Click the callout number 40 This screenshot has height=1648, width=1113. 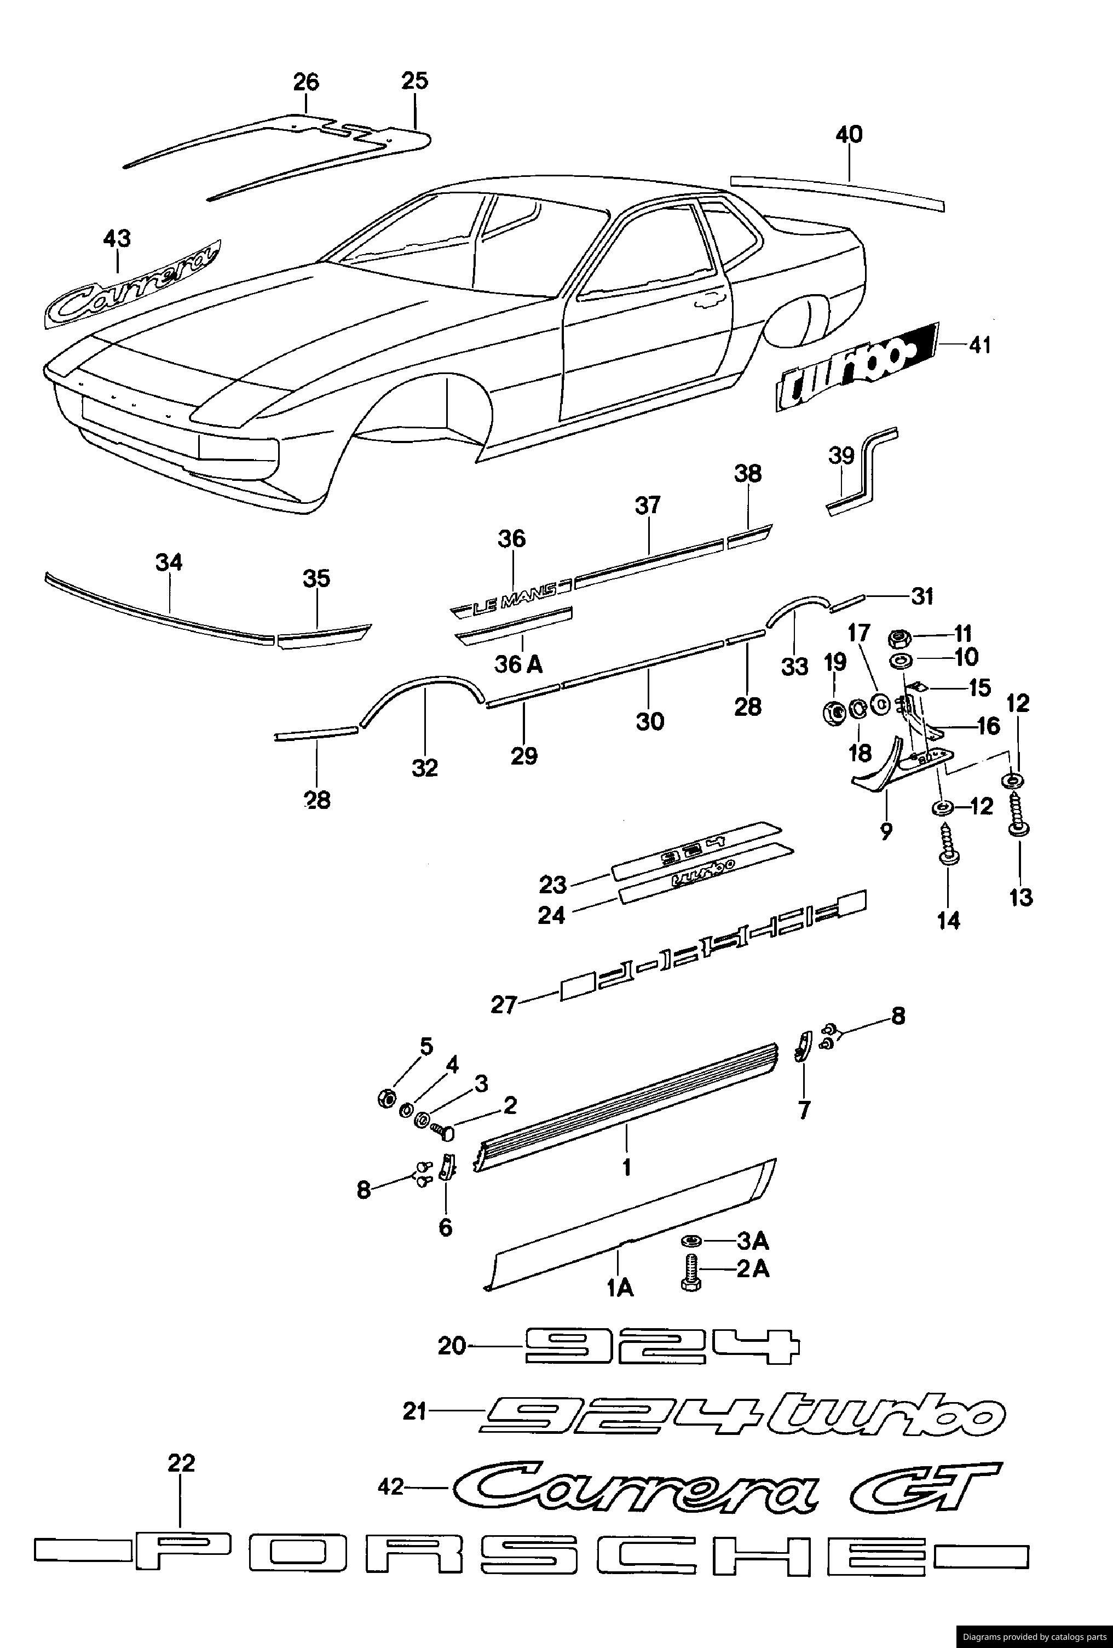pos(849,134)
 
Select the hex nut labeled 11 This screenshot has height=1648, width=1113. pos(901,639)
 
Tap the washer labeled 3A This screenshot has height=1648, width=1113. pos(690,1241)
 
